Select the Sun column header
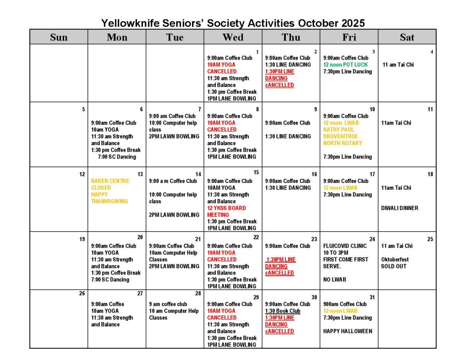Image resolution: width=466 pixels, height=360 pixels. pyautogui.click(x=59, y=37)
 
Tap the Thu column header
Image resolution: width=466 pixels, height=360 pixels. pyautogui.click(x=291, y=37)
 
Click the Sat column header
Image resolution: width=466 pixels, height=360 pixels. pyautogui.click(x=407, y=37)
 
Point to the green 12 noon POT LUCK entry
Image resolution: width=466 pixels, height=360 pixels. pyautogui.click(x=345, y=65)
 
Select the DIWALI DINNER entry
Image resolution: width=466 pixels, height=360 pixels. pyautogui.click(x=400, y=208)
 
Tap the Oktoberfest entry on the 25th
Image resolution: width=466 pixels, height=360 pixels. pyautogui.click(x=395, y=259)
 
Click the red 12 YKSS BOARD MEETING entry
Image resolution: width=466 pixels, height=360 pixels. pyautogui.click(x=226, y=211)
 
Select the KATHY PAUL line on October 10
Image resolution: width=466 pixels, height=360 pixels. pyautogui.click(x=338, y=130)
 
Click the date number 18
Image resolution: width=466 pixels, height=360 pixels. pyautogui.click(x=430, y=174)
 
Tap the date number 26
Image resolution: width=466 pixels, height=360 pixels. pyautogui.click(x=82, y=294)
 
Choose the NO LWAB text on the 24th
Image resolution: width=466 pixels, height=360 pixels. pyautogui.click(x=334, y=279)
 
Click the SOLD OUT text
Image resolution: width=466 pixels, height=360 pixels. pyautogui.click(x=394, y=266)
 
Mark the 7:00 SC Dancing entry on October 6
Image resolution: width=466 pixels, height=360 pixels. pyautogui.click(x=116, y=157)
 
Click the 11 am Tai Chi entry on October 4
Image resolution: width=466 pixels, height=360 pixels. pyautogui.click(x=398, y=65)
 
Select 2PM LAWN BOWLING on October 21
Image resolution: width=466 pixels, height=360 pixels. pyautogui.click(x=174, y=266)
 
